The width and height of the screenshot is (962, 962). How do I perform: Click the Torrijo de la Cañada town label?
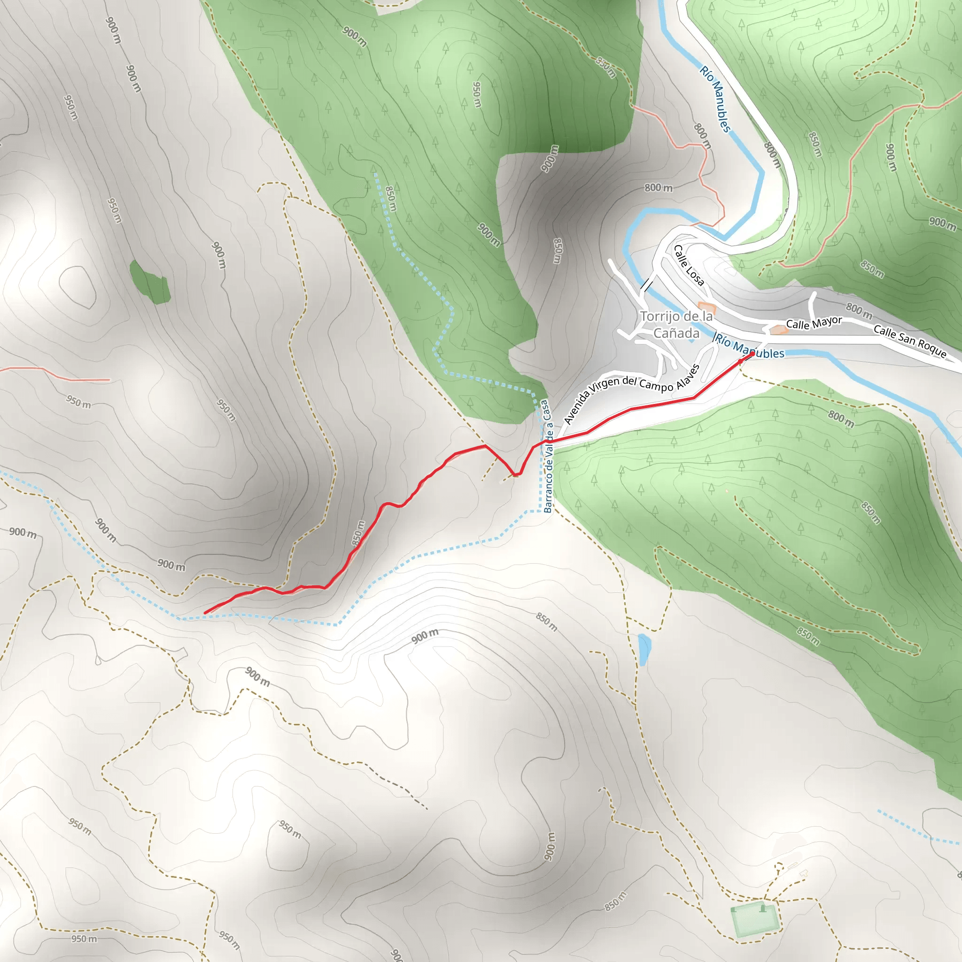[x=676, y=324]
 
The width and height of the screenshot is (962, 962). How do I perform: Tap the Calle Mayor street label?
[x=814, y=323]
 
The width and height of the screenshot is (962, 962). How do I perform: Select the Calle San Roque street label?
[x=910, y=341]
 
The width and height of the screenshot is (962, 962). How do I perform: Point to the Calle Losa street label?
[x=689, y=265]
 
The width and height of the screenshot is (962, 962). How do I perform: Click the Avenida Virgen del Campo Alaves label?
[x=632, y=393]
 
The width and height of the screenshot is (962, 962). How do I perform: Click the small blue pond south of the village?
[x=644, y=649]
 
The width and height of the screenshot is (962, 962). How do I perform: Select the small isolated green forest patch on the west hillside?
[x=150, y=282]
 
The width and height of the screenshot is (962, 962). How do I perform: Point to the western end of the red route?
[x=206, y=613]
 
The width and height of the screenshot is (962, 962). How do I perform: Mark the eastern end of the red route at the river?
[x=752, y=354]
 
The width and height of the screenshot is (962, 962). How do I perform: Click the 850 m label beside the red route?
[x=358, y=533]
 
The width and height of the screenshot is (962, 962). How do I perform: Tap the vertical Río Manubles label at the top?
[x=715, y=99]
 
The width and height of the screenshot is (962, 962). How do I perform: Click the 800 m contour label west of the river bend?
[x=658, y=188]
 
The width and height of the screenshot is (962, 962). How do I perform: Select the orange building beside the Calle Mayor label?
[x=778, y=329]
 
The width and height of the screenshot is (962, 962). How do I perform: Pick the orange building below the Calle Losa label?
[x=706, y=307]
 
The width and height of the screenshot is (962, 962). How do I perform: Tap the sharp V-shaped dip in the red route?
[x=515, y=474]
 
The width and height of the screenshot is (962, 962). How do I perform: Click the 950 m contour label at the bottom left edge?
[x=84, y=939]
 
